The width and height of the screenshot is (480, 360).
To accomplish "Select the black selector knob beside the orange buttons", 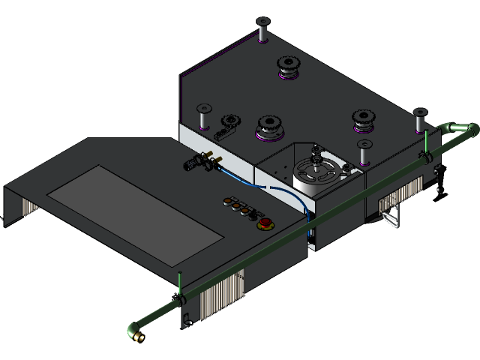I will [226, 200].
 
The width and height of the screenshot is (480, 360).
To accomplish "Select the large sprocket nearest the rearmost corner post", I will [289, 68].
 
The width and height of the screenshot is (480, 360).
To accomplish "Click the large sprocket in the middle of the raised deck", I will [269, 127].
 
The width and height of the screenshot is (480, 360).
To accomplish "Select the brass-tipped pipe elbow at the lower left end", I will [136, 331].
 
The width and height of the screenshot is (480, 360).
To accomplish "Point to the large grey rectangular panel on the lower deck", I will [136, 214].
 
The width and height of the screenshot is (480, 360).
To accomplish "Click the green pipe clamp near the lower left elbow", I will [180, 298].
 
